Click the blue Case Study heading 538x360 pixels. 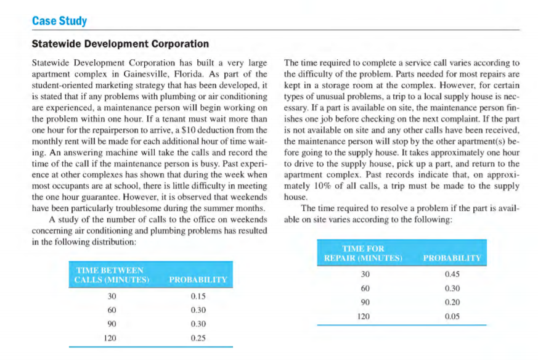pos(59,21)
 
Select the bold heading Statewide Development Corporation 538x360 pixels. pos(120,44)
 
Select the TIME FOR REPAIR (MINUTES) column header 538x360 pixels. pos(363,252)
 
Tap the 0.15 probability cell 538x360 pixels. pos(198,296)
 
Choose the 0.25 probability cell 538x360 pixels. pos(198,338)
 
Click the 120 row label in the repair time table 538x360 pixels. pos(364,316)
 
